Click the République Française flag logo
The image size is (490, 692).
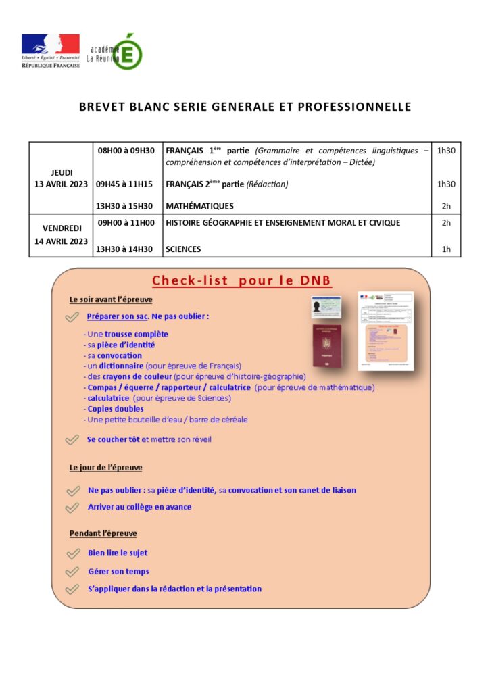click(x=50, y=51)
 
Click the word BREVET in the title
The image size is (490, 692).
click(x=101, y=107)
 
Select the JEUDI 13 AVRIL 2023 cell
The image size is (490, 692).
click(x=61, y=178)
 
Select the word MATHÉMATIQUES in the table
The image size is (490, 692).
click(x=199, y=206)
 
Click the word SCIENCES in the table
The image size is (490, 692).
click(x=183, y=249)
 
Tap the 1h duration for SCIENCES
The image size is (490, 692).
click(x=445, y=249)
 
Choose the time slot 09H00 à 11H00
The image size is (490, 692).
click(x=126, y=222)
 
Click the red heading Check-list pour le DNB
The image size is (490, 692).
click(x=241, y=281)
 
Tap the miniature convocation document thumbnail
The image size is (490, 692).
click(x=385, y=331)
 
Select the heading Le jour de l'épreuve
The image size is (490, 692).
click(x=105, y=468)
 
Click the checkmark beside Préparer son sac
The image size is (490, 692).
click(x=72, y=317)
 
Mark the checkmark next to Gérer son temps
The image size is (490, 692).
click(x=72, y=572)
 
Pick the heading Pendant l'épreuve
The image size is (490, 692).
click(x=103, y=533)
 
